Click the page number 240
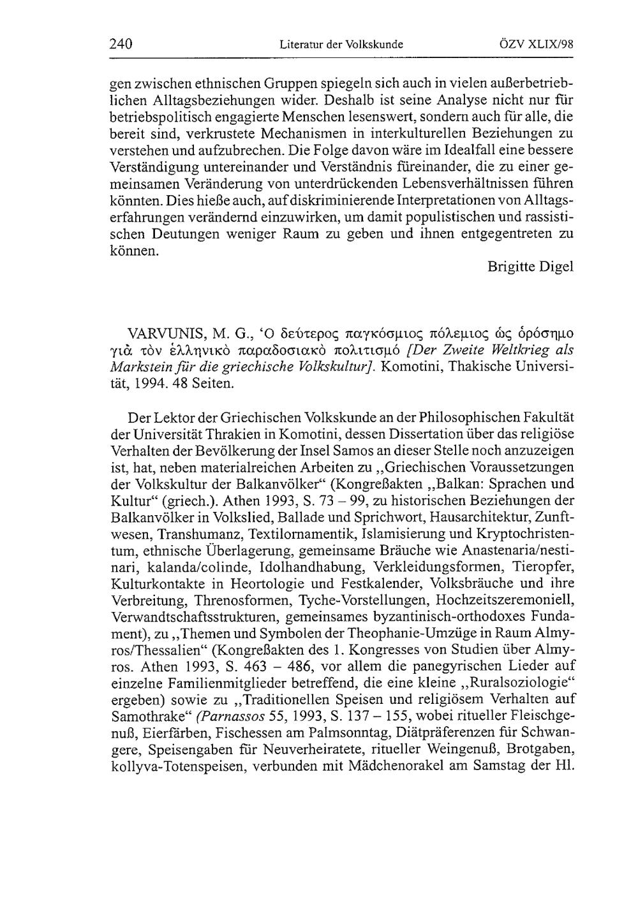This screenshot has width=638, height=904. point(121,45)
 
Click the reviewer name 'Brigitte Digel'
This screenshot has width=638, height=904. point(530,266)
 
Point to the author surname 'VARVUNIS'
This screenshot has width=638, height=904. point(163,333)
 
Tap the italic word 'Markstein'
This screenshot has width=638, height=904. point(140,367)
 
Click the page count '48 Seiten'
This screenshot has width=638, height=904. point(197,384)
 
